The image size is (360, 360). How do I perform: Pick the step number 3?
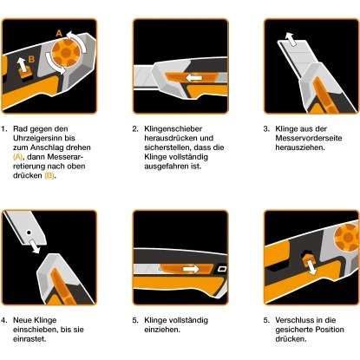tap(266, 129)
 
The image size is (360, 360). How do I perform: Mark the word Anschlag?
tap(52, 147)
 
